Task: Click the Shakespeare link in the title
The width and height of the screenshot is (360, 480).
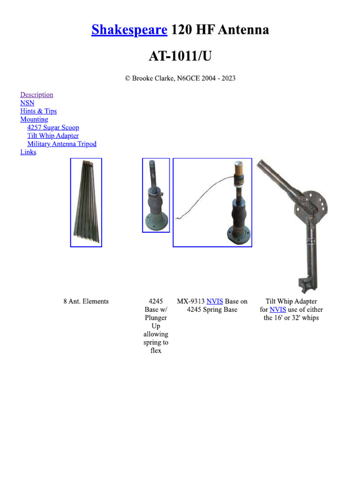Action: (x=129, y=30)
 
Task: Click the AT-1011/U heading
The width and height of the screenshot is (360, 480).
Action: (x=180, y=56)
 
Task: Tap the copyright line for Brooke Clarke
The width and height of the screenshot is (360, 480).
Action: (x=180, y=78)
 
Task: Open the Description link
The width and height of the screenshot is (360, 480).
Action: (x=37, y=95)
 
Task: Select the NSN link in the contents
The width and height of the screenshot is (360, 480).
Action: (x=27, y=103)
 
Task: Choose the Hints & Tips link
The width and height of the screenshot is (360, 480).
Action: (x=38, y=111)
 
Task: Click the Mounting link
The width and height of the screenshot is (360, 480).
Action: (x=34, y=120)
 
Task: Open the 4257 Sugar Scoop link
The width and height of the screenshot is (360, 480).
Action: (x=53, y=127)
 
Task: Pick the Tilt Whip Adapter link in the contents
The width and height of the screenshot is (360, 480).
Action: (x=53, y=136)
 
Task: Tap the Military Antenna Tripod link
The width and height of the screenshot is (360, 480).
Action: (x=62, y=144)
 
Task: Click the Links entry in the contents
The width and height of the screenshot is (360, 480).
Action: (x=28, y=152)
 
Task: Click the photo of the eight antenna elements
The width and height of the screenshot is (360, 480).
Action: (x=86, y=202)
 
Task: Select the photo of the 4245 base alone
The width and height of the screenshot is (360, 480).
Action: (x=156, y=195)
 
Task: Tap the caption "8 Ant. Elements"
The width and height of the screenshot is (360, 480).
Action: (x=86, y=301)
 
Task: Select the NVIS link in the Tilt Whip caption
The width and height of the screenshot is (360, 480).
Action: (x=277, y=310)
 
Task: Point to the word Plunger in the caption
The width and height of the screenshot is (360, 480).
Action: (x=156, y=318)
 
